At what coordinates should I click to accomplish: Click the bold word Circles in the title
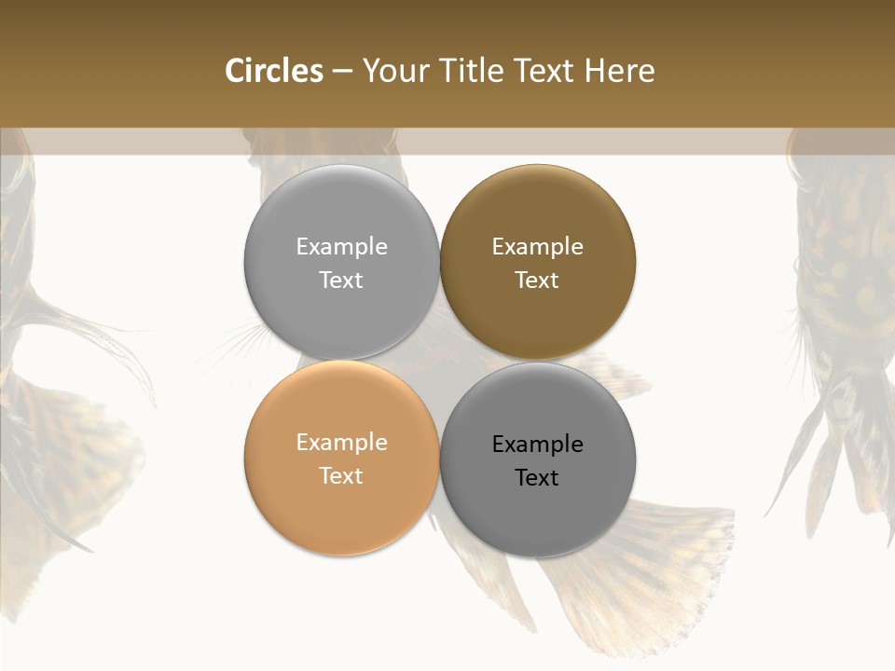(x=274, y=71)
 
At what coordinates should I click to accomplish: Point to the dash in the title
(x=342, y=72)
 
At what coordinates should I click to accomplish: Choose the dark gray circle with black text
(x=537, y=513)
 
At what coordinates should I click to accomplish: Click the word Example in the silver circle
(x=341, y=247)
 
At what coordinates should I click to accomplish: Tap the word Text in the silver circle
(x=341, y=280)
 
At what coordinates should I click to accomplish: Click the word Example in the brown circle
(x=537, y=247)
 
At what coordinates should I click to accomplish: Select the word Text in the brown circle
(x=537, y=280)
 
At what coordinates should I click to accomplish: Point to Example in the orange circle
(x=341, y=443)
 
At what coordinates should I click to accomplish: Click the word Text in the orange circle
(x=341, y=475)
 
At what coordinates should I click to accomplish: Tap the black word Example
(x=537, y=445)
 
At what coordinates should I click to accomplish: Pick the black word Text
(x=537, y=477)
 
